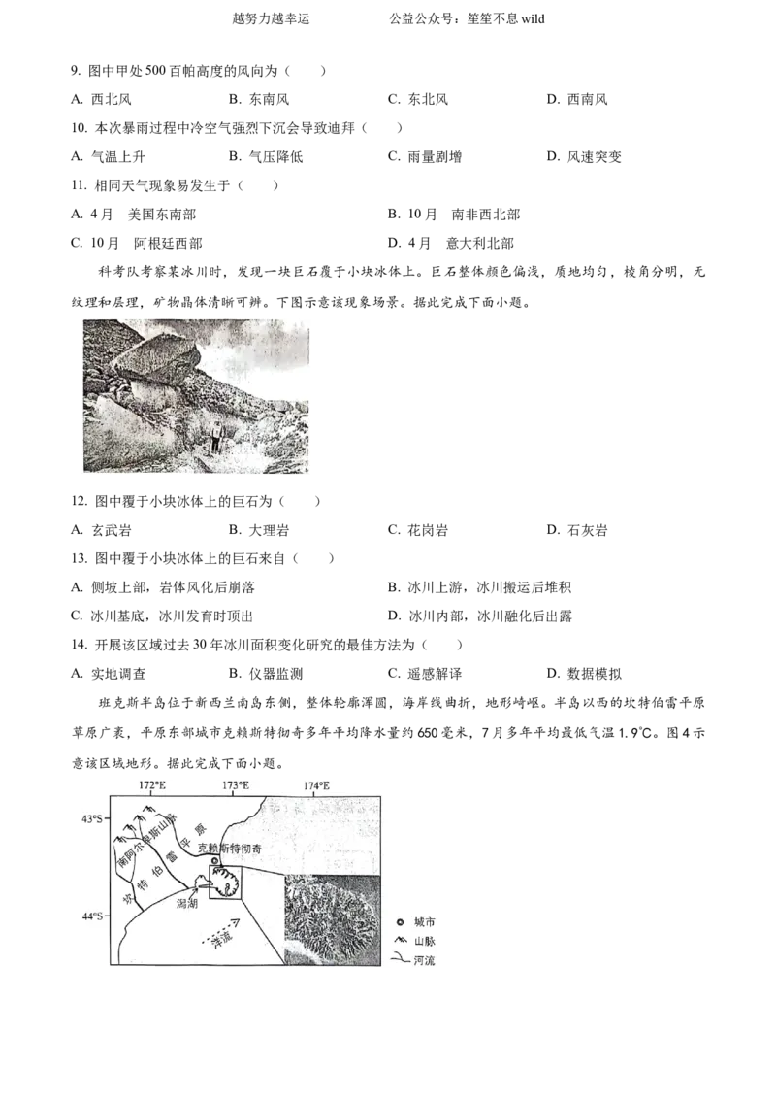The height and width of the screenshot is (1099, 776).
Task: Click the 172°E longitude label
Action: [151, 784]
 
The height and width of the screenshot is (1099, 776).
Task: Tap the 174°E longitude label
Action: [315, 784]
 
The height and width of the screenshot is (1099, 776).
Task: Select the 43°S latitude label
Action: [92, 819]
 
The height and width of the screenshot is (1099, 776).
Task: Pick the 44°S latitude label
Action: [92, 916]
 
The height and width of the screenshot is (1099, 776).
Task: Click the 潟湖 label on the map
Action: [187, 902]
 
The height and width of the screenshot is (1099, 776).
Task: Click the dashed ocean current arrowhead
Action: [236, 921]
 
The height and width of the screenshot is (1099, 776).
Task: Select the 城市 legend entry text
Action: [424, 920]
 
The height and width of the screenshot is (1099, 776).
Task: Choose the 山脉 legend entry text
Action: [424, 940]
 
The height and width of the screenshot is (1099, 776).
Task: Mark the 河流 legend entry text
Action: [424, 959]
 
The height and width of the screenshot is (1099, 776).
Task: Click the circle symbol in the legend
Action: [400, 920]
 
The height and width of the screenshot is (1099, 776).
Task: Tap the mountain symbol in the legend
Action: [400, 940]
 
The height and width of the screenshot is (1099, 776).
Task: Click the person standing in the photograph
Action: [216, 435]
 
